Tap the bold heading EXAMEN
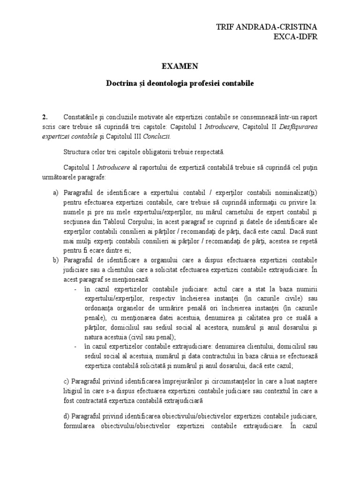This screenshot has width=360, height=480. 180,67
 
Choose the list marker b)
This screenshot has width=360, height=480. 55,260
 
